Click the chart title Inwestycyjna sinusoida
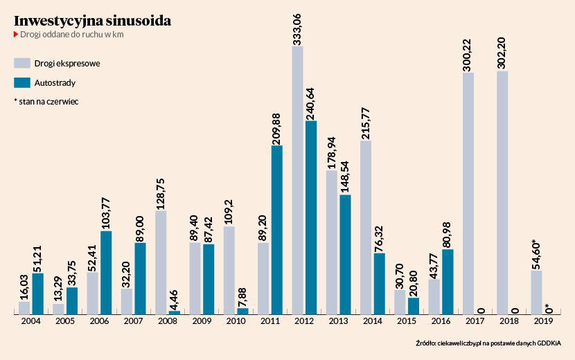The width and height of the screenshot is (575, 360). click(93, 20)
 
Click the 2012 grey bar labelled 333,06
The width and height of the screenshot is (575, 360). click(297, 180)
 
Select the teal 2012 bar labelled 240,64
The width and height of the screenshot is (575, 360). click(311, 218)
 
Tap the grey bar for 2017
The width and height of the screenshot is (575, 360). click(468, 193)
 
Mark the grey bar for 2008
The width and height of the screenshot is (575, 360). click(161, 262)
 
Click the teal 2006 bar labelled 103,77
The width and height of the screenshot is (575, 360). click(106, 273)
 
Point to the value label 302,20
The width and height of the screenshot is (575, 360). click(502, 49)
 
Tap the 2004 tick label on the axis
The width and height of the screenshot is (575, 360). click(30, 322)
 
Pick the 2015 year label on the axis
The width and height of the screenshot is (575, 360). click(407, 322)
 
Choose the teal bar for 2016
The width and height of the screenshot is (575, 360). click(448, 282)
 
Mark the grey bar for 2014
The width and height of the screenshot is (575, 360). click(366, 228)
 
